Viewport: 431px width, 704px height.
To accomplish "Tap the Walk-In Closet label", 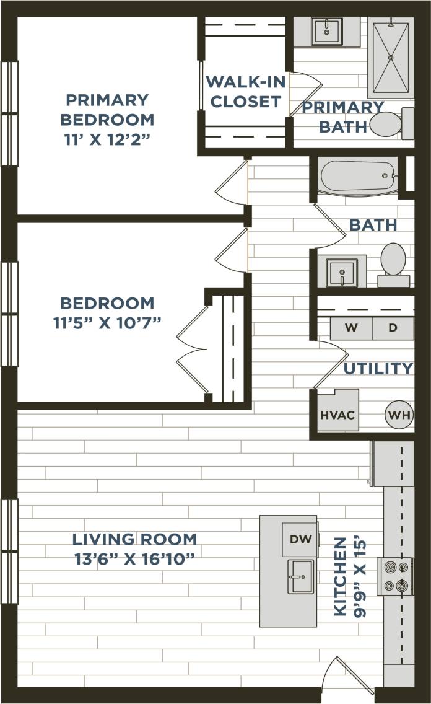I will click(245, 91).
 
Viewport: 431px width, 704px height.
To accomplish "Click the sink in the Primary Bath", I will click(326, 30).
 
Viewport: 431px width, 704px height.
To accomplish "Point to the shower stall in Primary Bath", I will click(390, 58).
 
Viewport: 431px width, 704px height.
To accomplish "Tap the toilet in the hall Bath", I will click(393, 263).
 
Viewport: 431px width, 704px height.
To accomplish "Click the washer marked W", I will click(350, 328).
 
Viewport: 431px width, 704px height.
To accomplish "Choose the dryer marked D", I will click(393, 328).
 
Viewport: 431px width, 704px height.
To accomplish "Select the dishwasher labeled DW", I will click(301, 539).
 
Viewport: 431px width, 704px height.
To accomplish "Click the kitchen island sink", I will click(301, 576).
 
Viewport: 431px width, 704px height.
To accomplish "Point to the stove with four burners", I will click(395, 576).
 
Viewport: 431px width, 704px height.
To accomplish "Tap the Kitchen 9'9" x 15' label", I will click(349, 576).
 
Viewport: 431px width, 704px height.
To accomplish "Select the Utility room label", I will click(378, 369).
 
